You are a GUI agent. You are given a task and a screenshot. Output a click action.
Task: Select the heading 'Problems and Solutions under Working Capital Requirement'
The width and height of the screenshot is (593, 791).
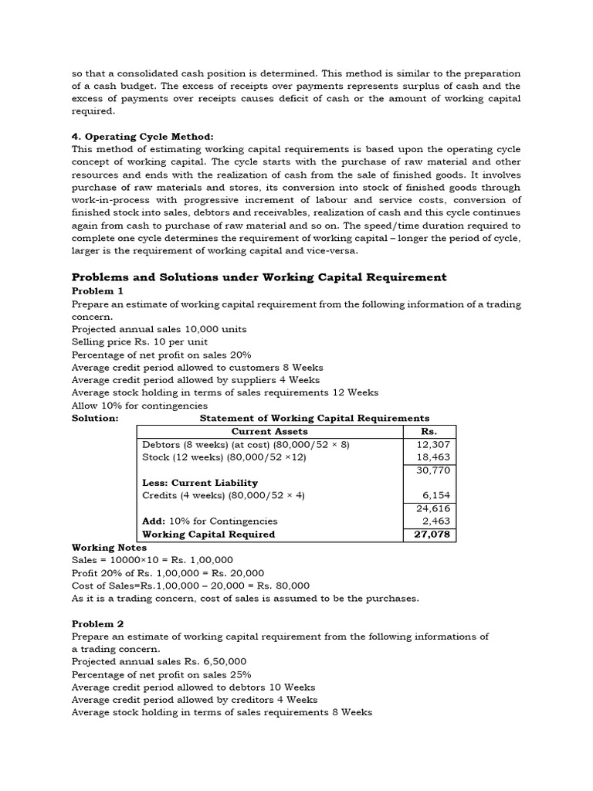click(259, 277)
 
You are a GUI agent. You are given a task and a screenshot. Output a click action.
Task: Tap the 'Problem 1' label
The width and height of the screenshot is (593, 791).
click(97, 291)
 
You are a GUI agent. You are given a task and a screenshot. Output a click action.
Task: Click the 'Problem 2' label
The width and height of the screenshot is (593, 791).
click(97, 623)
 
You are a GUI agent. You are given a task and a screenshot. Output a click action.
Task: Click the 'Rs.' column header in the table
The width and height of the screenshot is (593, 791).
click(429, 431)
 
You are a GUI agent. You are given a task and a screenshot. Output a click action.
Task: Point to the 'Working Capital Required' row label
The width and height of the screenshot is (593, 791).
click(208, 535)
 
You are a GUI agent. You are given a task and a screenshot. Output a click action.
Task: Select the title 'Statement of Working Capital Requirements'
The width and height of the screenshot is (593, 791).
click(314, 418)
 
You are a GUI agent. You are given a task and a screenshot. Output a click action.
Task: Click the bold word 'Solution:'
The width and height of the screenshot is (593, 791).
click(94, 418)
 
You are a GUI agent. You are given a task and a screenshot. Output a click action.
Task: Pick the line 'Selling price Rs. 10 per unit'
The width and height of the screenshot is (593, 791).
click(139, 341)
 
